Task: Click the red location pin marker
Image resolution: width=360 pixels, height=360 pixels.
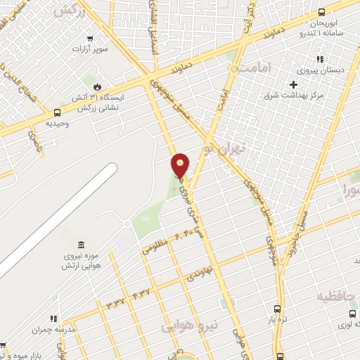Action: [x=181, y=165]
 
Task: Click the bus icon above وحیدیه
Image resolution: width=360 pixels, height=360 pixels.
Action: [x=57, y=112]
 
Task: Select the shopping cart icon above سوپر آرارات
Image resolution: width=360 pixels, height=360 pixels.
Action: [x=89, y=39]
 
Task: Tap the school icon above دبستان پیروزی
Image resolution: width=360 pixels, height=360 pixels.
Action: [x=320, y=59]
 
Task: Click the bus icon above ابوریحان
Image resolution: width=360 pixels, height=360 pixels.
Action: [x=322, y=12]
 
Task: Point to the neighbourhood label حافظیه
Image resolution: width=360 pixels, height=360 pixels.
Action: [x=337, y=296]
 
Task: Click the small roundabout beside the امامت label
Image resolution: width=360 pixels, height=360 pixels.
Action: [x=233, y=70]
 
